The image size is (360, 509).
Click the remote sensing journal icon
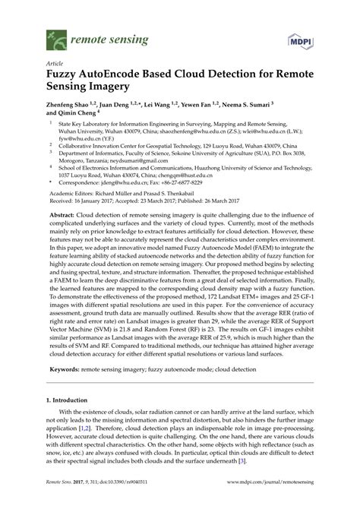coord(55,35)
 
